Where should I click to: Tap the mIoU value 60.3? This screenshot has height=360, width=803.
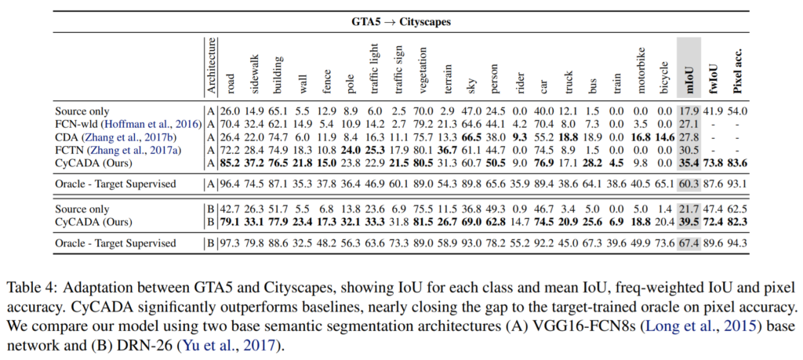tap(688, 184)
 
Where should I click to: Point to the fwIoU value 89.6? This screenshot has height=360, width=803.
tap(714, 243)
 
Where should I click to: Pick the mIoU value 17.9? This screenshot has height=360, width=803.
tap(688, 111)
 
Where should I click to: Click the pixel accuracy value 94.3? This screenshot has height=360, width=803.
tap(738, 243)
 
